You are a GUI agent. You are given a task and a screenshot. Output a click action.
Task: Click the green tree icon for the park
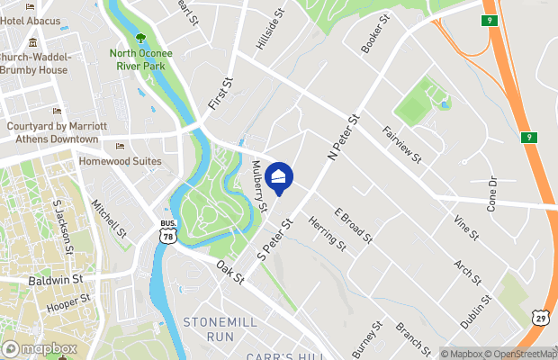click(x=140, y=37)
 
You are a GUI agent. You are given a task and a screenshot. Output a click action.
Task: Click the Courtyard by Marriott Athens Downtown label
click(x=56, y=132)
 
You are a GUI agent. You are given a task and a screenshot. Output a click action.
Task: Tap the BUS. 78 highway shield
click(x=167, y=230)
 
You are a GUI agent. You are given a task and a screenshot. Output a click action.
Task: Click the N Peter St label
click(x=344, y=138)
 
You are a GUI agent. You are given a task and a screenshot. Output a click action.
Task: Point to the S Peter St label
click(x=276, y=238)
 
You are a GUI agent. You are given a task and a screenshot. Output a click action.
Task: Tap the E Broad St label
click(x=353, y=224)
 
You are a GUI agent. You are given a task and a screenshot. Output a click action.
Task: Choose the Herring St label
click(x=326, y=232)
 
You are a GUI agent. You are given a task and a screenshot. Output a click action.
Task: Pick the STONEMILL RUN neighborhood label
click(x=208, y=328)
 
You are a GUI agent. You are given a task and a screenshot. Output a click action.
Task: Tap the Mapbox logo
click(x=39, y=348)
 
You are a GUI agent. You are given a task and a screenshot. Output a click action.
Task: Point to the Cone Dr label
click(x=492, y=192)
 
